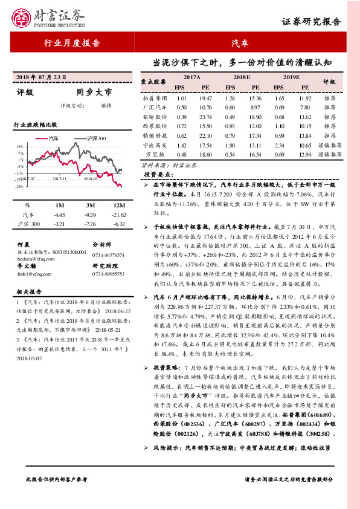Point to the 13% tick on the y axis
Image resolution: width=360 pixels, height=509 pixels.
[x=21, y=147]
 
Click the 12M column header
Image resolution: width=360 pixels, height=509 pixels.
[x=120, y=206]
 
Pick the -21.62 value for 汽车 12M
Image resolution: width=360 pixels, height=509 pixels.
[x=120, y=215]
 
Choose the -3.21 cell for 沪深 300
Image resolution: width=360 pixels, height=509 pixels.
[x=59, y=224]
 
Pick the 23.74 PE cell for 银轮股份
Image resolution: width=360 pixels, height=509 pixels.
[x=205, y=117]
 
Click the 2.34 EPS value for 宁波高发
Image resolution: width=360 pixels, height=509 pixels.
[x=279, y=145]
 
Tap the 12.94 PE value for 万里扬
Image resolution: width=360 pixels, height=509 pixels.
[x=306, y=155]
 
